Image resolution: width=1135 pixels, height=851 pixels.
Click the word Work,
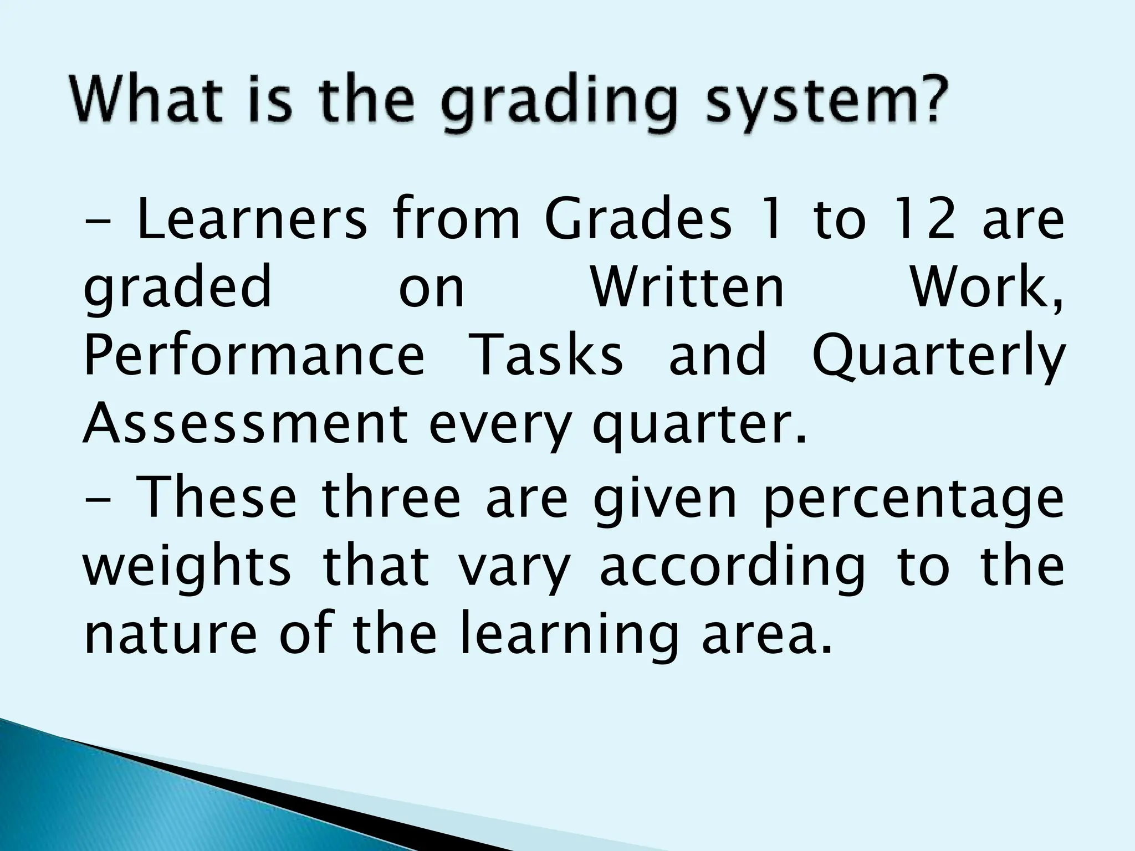(x=986, y=288)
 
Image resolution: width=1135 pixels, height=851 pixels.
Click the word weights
(x=187, y=568)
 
